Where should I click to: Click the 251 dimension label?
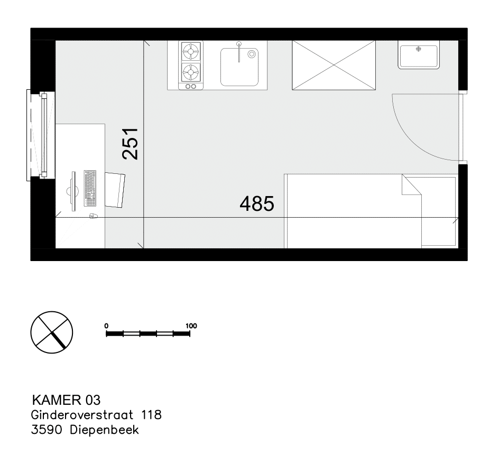tap(130, 144)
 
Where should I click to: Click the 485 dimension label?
tap(257, 203)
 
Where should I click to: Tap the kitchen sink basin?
tap(239, 67)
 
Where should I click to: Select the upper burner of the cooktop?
tap(191, 51)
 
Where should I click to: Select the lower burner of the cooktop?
tap(191, 72)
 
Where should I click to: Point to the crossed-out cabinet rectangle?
tap(334, 65)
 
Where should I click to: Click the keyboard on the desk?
tap(90, 188)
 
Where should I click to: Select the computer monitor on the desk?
tap(73, 191)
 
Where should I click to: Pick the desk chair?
tap(115, 190)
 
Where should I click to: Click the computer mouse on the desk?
tap(93, 216)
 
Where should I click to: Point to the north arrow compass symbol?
tap(52, 332)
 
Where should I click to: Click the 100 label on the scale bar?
tap(191, 326)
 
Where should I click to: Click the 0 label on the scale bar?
tap(106, 326)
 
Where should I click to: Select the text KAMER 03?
tap(66, 400)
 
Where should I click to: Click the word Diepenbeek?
tap(104, 430)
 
